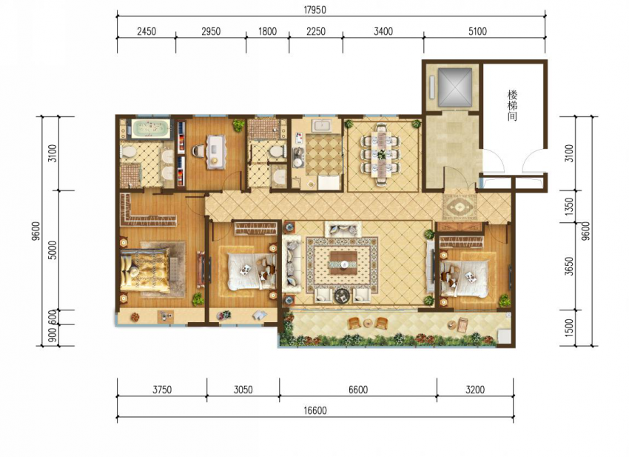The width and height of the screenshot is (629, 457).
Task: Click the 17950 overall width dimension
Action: pos(315,10)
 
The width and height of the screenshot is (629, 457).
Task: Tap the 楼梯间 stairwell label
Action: pos(512,106)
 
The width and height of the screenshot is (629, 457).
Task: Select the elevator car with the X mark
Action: pos(454,87)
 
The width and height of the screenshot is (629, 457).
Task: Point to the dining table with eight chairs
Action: pos(381,155)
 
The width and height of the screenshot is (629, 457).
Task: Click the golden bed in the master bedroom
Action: pos(145,270)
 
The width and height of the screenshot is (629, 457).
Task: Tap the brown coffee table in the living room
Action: pos(343,263)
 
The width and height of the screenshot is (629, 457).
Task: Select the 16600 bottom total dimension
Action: pos(315,410)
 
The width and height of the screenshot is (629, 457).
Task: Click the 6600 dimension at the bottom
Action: pos(358,390)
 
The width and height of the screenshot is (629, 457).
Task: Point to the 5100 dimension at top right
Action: pos(477,31)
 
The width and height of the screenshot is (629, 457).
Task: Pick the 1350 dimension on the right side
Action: pos(569,207)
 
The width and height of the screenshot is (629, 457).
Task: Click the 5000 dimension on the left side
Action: pos(53,250)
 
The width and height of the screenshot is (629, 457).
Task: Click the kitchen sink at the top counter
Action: pos(321,126)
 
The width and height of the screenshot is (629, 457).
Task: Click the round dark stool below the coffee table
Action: pos(343,296)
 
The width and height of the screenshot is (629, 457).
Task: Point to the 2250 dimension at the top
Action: pos(316,31)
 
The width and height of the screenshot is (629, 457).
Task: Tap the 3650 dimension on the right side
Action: pos(569,266)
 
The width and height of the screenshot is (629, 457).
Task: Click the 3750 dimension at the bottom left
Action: pos(162,390)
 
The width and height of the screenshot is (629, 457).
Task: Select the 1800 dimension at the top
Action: pos(268,31)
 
